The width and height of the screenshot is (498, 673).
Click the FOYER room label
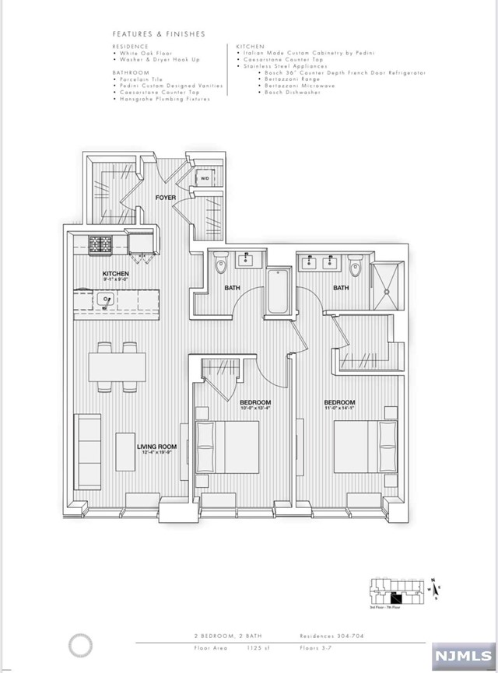click(x=164, y=198)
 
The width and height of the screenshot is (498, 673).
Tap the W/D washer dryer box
click(x=205, y=179)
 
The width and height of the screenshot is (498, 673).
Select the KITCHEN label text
click(x=116, y=274)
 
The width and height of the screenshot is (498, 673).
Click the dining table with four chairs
click(x=117, y=366)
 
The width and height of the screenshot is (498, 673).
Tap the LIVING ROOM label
click(x=156, y=447)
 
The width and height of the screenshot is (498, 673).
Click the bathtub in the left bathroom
click(x=276, y=293)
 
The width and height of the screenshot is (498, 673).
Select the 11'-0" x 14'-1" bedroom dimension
click(x=340, y=405)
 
